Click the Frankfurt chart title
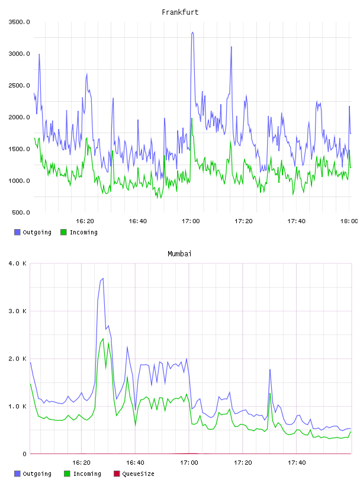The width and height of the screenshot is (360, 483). pyautogui.click(x=180, y=12)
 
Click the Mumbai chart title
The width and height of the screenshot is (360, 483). pyautogui.click(x=179, y=253)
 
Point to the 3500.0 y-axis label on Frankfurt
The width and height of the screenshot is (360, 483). pyautogui.click(x=19, y=22)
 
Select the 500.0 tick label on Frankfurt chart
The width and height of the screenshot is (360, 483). pyautogui.click(x=21, y=212)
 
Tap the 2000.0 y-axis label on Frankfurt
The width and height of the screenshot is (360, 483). pyautogui.click(x=19, y=117)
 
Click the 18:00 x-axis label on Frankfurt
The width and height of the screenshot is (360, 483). pyautogui.click(x=349, y=221)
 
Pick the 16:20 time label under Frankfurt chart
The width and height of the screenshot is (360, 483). pyautogui.click(x=85, y=221)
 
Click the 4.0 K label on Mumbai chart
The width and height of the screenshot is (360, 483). pyautogui.click(x=17, y=263)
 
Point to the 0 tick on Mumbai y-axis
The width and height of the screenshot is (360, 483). pyautogui.click(x=25, y=454)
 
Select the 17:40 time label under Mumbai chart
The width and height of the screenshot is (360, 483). pyautogui.click(x=297, y=462)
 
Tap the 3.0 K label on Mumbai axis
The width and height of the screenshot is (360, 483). pyautogui.click(x=17, y=311)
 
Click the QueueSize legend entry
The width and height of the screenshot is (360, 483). pyautogui.click(x=138, y=474)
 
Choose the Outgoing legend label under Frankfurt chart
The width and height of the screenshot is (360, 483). pyautogui.click(x=37, y=232)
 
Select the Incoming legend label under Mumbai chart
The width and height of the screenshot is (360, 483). pyautogui.click(x=87, y=474)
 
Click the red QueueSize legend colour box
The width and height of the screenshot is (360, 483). pyautogui.click(x=117, y=474)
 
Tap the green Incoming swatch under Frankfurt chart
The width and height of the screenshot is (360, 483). pyautogui.click(x=63, y=232)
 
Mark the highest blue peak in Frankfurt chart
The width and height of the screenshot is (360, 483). pyautogui.click(x=192, y=32)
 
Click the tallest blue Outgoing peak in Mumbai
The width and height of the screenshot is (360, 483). pyautogui.click(x=102, y=278)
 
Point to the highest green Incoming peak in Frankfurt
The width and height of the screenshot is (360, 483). pyautogui.click(x=192, y=118)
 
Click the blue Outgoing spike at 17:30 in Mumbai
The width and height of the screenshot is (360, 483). pyautogui.click(x=270, y=369)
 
